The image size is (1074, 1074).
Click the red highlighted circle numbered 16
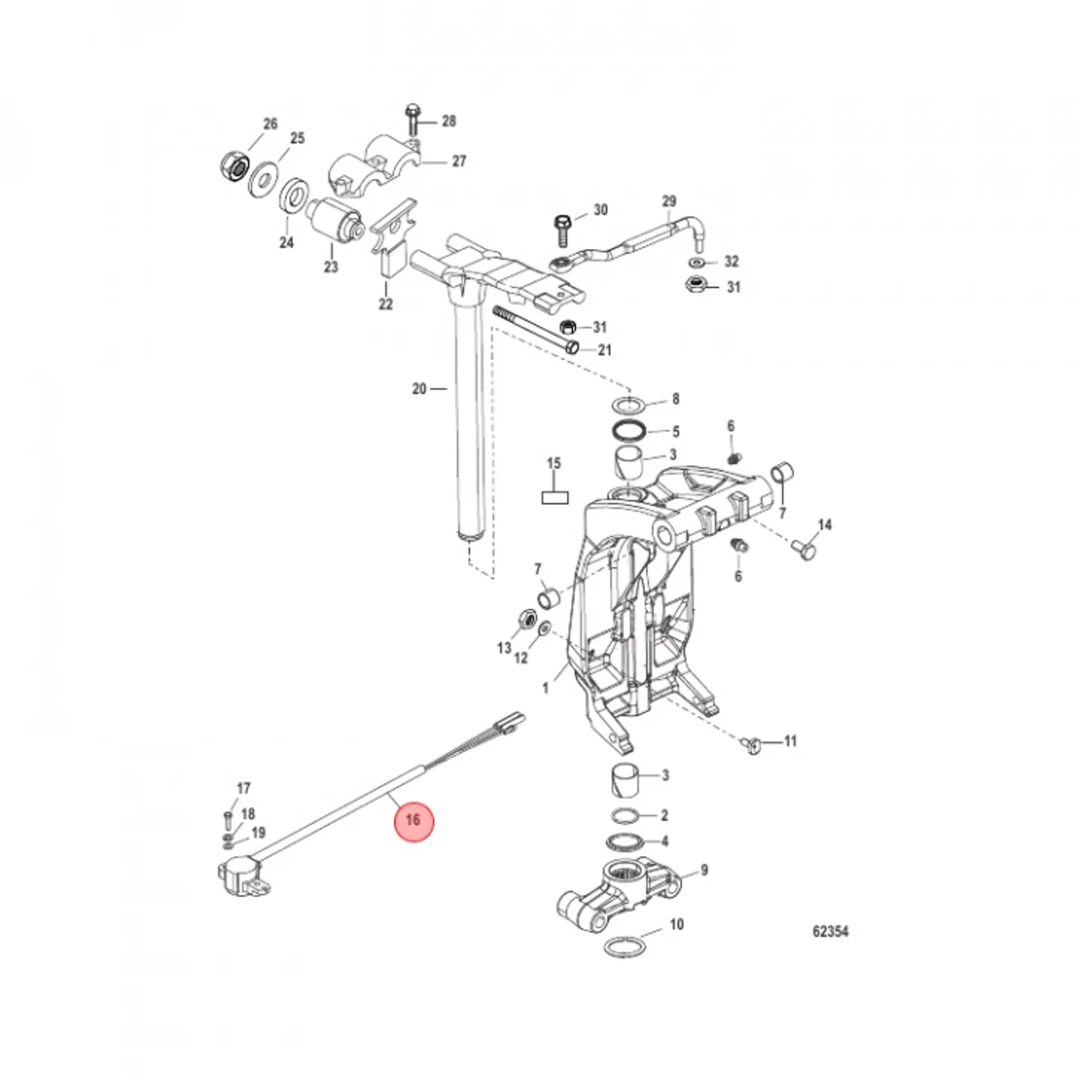(413, 820)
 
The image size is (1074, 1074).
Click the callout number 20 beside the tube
(419, 388)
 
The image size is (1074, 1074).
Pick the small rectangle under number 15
(555, 497)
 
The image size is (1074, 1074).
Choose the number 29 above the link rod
(669, 201)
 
